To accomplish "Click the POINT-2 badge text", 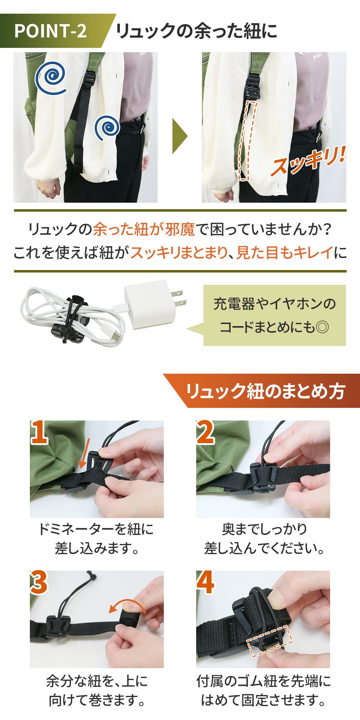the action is tap(50, 31).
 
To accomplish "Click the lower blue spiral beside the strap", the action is tap(107, 127).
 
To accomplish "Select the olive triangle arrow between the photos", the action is tap(180, 136).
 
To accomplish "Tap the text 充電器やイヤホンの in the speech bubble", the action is tap(274, 304).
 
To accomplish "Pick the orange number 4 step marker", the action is tap(206, 582).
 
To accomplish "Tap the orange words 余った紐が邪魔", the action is tap(144, 229).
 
